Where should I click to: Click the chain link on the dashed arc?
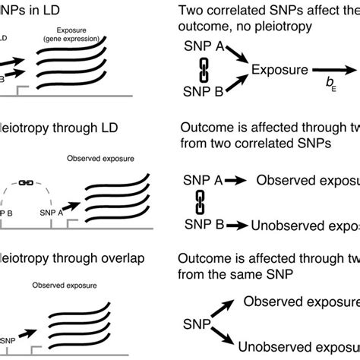point(25,183)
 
